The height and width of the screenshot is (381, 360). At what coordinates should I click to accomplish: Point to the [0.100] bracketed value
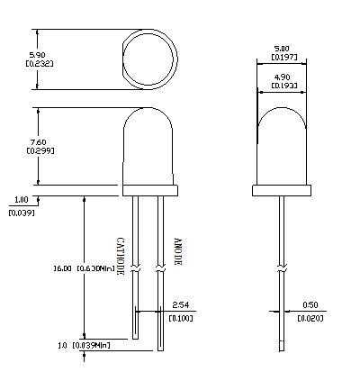(x=180, y=318)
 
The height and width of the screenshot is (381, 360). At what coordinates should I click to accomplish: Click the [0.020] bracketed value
(x=311, y=318)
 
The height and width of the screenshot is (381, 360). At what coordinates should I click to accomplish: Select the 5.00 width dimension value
(x=282, y=49)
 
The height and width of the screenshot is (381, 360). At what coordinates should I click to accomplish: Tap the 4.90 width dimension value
(x=282, y=77)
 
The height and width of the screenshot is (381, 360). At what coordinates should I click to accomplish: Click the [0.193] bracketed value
(x=282, y=86)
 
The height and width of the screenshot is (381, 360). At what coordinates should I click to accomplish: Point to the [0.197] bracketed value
(x=282, y=58)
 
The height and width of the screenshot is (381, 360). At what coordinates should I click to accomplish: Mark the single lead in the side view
(x=282, y=270)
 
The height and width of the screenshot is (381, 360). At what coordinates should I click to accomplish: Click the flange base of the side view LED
(x=282, y=191)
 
